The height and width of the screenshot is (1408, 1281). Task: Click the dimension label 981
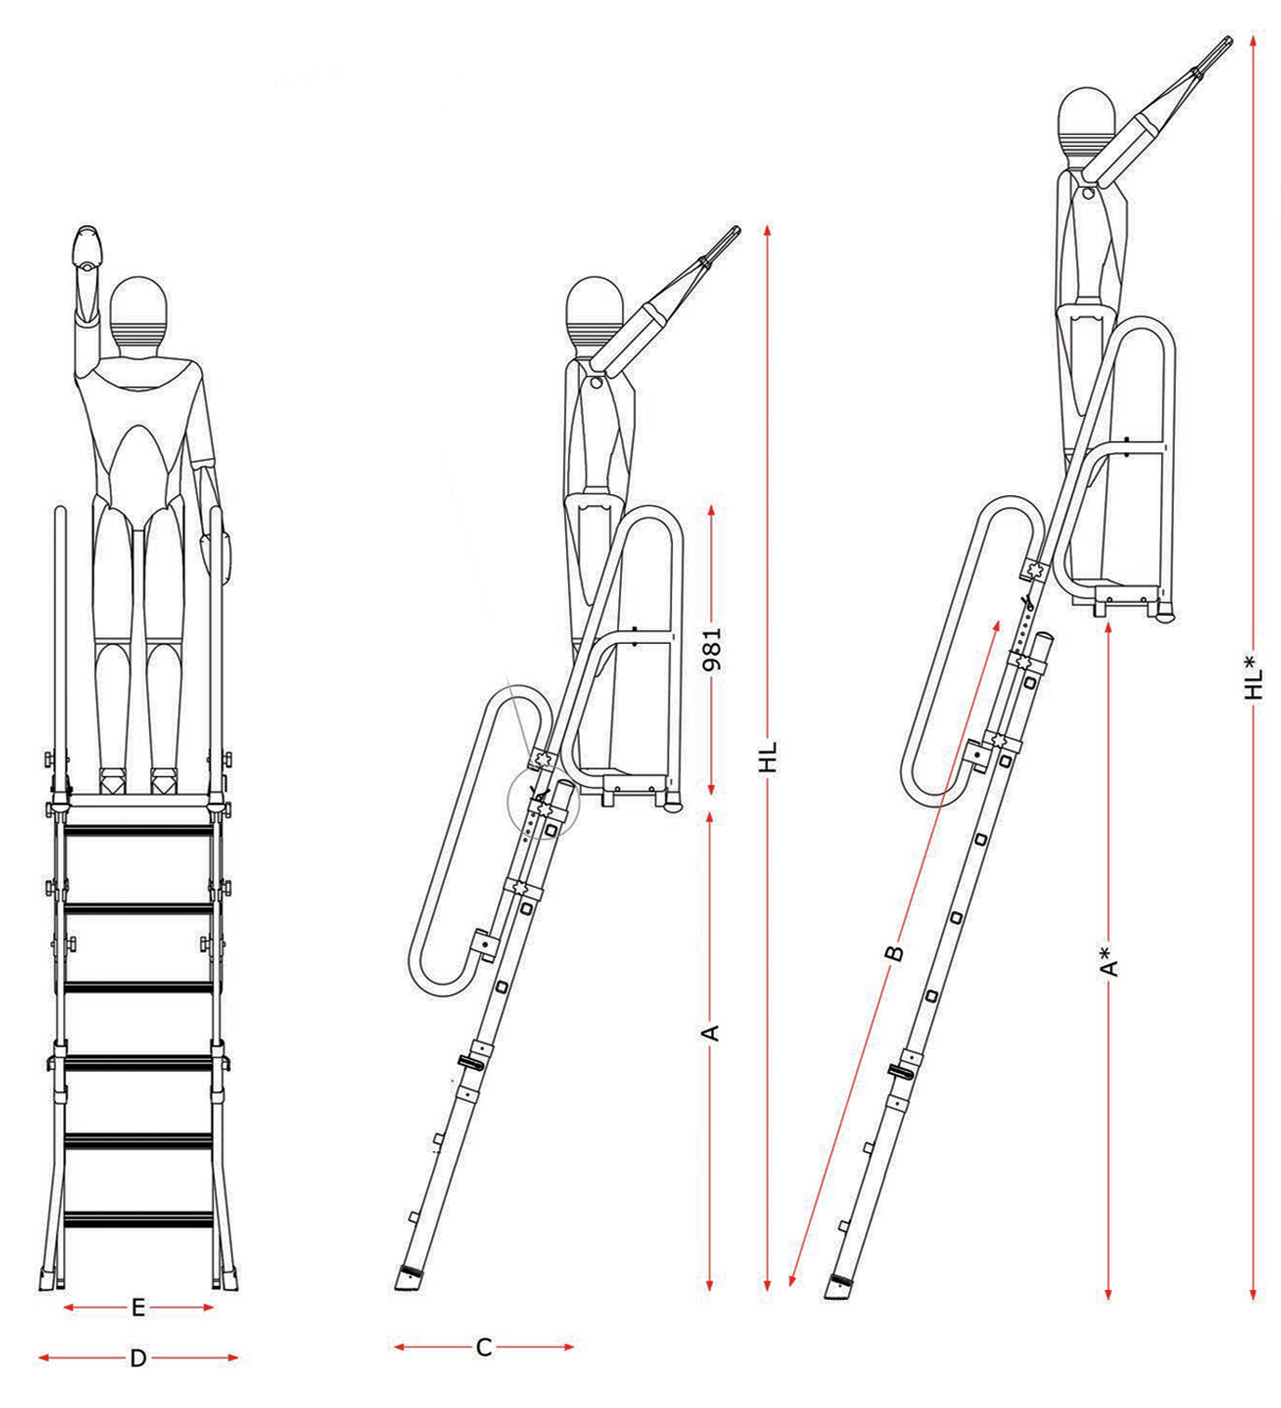(712, 649)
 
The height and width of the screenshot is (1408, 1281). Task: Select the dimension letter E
(138, 1307)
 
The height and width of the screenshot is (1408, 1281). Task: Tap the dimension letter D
(138, 1358)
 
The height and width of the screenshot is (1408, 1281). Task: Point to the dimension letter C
(483, 1347)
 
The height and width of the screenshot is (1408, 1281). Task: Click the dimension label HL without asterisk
(767, 758)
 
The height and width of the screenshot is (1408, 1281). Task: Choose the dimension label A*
(1108, 961)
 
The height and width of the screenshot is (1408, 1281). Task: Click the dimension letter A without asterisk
(710, 1032)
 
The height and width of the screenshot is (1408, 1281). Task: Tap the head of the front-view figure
(139, 311)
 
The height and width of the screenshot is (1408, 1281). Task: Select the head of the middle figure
(594, 311)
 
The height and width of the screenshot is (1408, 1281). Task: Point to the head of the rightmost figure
(1086, 124)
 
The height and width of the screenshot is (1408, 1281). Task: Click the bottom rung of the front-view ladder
(138, 1218)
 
